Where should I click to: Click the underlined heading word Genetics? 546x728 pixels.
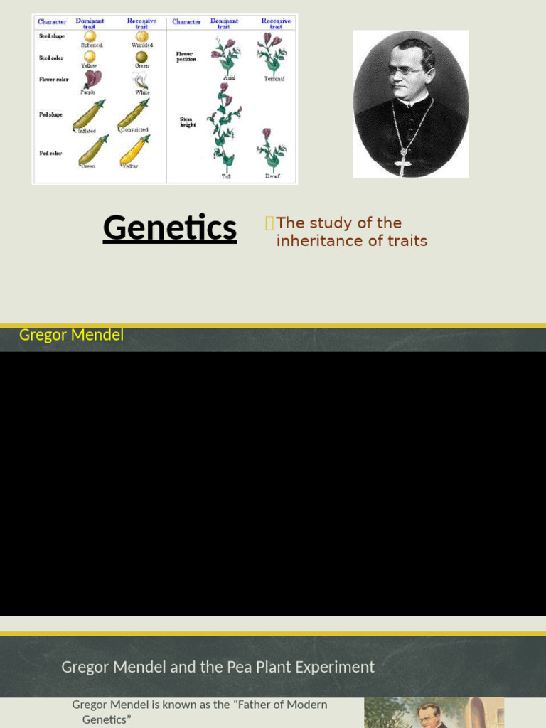pyautogui.click(x=170, y=228)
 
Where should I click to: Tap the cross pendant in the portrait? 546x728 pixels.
pyautogui.click(x=403, y=165)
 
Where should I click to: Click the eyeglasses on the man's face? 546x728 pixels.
pyautogui.click(x=406, y=71)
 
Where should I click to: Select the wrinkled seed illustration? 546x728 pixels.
pyautogui.click(x=142, y=36)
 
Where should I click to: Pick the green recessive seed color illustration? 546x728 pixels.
pyautogui.click(x=142, y=57)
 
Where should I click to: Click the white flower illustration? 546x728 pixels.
pyautogui.click(x=141, y=80)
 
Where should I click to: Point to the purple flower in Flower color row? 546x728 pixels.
pyautogui.click(x=92, y=79)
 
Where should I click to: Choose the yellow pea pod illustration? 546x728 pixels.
pyautogui.click(x=134, y=149)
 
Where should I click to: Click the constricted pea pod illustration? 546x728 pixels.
pyautogui.click(x=133, y=114)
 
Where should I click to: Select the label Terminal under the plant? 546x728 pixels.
pyautogui.click(x=274, y=79)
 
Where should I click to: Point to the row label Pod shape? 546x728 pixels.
pyautogui.click(x=50, y=114)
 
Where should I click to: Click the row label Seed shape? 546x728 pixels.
pyautogui.click(x=51, y=36)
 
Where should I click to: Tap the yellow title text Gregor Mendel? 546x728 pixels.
pyautogui.click(x=71, y=335)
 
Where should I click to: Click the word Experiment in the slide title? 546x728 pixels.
pyautogui.click(x=339, y=667)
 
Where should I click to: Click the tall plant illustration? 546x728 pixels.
pyautogui.click(x=225, y=128)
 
